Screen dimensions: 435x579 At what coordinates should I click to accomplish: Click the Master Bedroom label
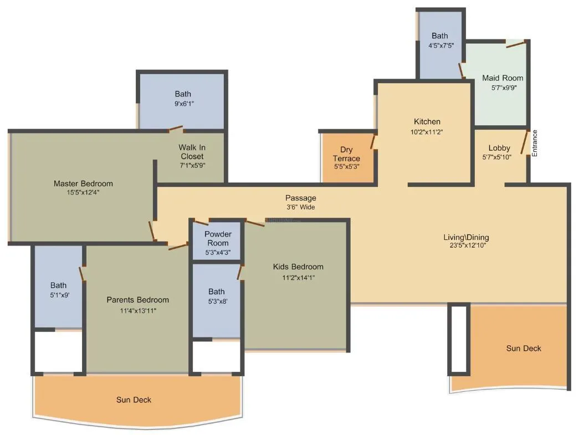(x=83, y=183)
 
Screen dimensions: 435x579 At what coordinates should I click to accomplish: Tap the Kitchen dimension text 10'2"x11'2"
(x=427, y=132)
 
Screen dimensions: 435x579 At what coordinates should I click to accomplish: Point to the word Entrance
(x=535, y=144)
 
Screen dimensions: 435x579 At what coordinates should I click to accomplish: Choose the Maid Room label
(x=502, y=78)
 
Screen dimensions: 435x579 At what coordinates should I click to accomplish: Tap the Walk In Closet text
(x=192, y=152)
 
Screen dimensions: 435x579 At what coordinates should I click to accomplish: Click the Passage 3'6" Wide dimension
(x=300, y=207)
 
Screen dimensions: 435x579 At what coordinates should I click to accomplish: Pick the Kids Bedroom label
(x=298, y=267)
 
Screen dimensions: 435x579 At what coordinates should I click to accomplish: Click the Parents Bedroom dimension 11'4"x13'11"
(x=137, y=310)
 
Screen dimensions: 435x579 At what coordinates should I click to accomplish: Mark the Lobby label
(x=499, y=148)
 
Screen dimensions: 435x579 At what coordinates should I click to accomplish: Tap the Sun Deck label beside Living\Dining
(x=524, y=349)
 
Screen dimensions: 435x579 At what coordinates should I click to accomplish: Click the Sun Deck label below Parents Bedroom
(x=134, y=400)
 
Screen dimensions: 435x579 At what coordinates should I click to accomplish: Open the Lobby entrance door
(x=524, y=144)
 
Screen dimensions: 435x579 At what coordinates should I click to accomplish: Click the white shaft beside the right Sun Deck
(x=459, y=338)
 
